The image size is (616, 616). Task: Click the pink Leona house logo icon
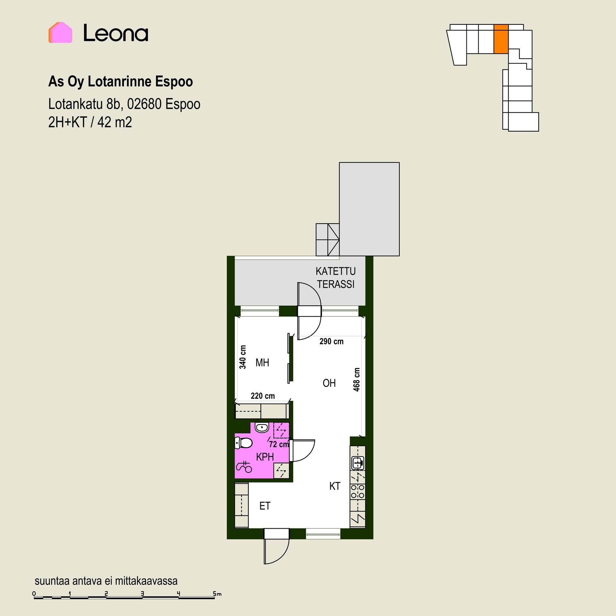click(60, 32)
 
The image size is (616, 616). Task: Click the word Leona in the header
click(116, 33)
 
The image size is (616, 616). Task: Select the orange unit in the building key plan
click(501, 39)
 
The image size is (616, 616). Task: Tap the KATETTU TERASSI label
click(336, 278)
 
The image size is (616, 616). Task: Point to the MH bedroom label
click(262, 363)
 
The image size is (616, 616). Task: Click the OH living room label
click(329, 383)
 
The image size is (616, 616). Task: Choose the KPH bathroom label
click(265, 457)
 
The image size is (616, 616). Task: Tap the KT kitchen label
click(335, 486)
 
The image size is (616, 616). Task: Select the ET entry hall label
click(265, 506)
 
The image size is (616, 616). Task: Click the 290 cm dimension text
click(331, 341)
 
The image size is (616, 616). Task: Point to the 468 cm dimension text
click(356, 380)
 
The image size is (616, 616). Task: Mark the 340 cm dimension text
click(243, 357)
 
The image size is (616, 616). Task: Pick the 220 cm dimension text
click(263, 396)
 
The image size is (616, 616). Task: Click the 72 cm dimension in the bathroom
click(279, 444)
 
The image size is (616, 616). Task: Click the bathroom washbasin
click(262, 428)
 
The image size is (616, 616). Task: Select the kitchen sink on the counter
click(358, 463)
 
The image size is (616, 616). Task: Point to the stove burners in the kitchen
click(358, 491)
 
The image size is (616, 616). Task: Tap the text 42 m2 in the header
click(115, 122)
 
